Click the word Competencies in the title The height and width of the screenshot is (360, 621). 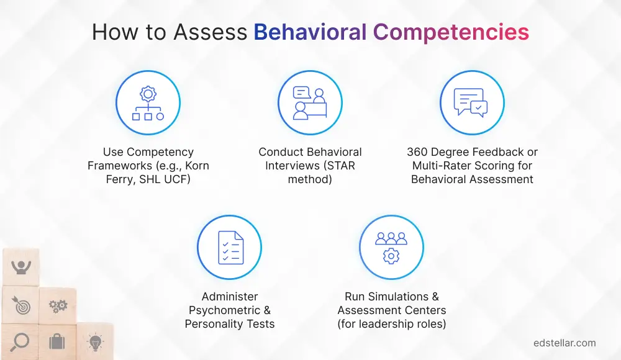tap(450, 32)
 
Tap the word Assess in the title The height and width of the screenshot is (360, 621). tap(214, 32)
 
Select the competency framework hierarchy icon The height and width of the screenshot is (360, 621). tap(148, 103)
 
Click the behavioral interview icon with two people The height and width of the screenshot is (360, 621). tap(310, 103)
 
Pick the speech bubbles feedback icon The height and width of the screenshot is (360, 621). tap(472, 103)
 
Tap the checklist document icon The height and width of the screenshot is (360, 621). tap(229, 247)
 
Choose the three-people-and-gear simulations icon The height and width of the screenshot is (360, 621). tap(391, 247)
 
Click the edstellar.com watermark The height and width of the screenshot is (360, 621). tap(564, 343)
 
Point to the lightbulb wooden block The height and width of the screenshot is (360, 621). tap(94, 341)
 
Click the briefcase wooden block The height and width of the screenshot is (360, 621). tap(57, 342)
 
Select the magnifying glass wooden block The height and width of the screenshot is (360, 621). tap(20, 342)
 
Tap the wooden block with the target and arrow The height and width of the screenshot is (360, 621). tap(20, 305)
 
